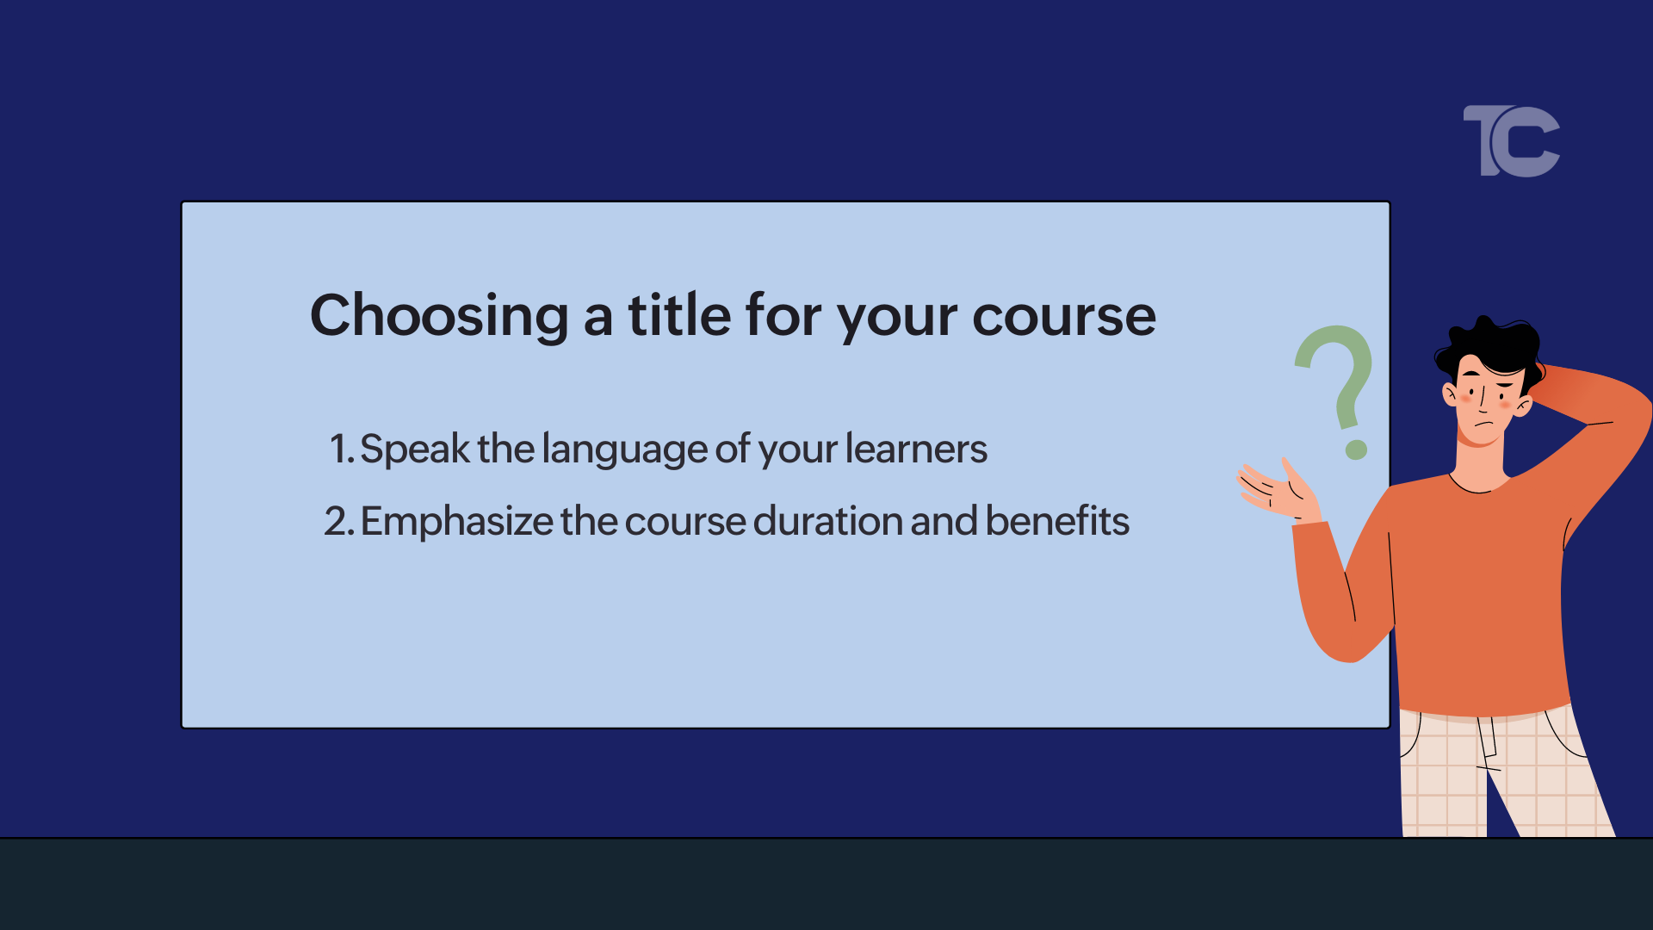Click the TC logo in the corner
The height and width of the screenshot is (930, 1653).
tap(1512, 142)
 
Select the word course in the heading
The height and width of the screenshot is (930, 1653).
tap(1064, 316)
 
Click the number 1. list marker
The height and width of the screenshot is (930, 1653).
tap(341, 449)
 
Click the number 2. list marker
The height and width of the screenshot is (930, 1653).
tap(338, 521)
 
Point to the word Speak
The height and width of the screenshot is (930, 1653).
tap(415, 449)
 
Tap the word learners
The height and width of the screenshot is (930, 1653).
tap(916, 449)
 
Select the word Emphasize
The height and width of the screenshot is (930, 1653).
tap(457, 522)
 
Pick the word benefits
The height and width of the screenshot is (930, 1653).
tap(1057, 521)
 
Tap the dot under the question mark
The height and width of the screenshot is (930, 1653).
tap(1356, 449)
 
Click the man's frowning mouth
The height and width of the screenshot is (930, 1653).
tap(1483, 425)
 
